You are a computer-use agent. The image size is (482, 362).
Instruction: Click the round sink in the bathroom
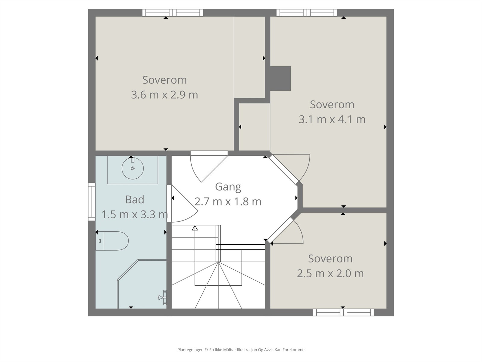(x=133, y=168)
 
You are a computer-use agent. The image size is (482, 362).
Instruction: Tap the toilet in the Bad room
(x=112, y=241)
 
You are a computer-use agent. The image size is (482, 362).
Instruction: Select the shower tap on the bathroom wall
(x=162, y=297)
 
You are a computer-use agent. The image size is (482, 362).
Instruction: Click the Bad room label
(x=135, y=200)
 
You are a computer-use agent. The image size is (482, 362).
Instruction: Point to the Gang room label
(x=228, y=187)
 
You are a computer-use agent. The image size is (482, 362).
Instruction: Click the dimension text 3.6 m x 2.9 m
(x=164, y=95)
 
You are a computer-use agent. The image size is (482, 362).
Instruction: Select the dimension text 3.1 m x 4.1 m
(x=332, y=119)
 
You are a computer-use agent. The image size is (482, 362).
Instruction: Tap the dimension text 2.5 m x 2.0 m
(x=330, y=274)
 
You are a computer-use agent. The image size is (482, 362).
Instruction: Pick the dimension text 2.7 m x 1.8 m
(x=228, y=202)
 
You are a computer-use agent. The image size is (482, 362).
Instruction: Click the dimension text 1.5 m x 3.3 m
(x=135, y=214)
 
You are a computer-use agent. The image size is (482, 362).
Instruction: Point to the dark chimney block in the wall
(x=280, y=78)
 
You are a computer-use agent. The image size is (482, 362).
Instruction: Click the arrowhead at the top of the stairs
(x=195, y=228)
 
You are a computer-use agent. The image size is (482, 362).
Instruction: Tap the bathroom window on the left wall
(x=92, y=202)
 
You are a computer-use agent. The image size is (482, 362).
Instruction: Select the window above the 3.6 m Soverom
(x=173, y=13)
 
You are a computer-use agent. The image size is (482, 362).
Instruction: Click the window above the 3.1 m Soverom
(x=307, y=13)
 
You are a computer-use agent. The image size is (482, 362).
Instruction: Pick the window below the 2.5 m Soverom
(x=343, y=312)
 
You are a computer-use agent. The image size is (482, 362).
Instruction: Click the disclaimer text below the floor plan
(x=241, y=350)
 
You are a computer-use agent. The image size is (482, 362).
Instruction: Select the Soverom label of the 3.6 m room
(x=164, y=80)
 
